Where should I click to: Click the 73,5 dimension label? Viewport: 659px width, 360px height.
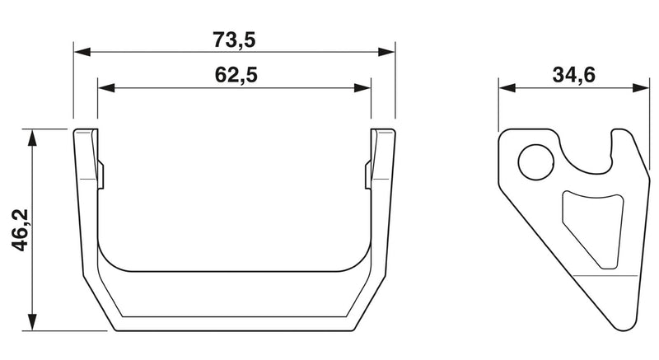click(x=234, y=40)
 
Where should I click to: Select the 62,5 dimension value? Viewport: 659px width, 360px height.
click(x=236, y=75)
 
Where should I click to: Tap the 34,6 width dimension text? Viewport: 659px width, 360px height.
click(x=573, y=75)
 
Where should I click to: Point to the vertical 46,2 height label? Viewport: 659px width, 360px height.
click(x=20, y=230)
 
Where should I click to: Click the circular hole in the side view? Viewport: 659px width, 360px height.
click(x=536, y=162)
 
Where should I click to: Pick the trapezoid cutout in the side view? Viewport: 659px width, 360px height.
click(x=593, y=229)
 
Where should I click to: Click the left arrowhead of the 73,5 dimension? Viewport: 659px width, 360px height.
click(x=82, y=52)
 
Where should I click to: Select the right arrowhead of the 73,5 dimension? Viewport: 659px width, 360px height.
click(x=386, y=52)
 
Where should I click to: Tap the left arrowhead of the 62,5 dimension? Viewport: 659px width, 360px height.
click(x=106, y=88)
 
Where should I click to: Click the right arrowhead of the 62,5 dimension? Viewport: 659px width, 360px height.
click(x=362, y=88)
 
